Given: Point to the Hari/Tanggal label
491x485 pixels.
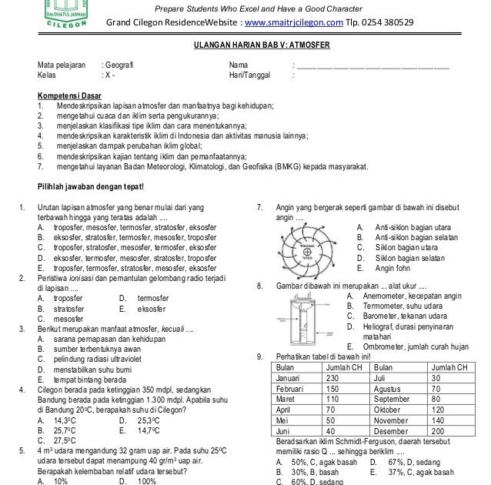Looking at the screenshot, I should click(247, 76).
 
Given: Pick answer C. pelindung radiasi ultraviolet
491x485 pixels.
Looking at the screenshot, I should click(108, 359).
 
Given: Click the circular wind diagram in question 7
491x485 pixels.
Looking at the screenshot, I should click(307, 249).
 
